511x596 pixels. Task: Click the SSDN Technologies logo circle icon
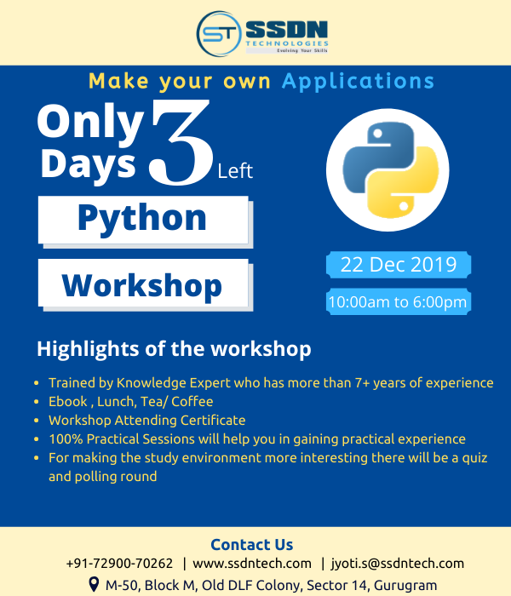click(x=218, y=33)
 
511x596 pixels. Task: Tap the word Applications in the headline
click(x=358, y=82)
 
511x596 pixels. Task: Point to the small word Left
click(x=235, y=170)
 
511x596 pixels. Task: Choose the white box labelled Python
click(x=142, y=218)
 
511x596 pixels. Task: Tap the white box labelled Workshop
click(x=142, y=284)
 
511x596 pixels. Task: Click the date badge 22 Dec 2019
click(x=398, y=264)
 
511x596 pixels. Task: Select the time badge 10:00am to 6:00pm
click(x=398, y=302)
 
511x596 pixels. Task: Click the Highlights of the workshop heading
click(x=174, y=349)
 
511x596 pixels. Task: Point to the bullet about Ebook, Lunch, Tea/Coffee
click(x=131, y=401)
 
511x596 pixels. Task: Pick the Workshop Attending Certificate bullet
click(x=146, y=420)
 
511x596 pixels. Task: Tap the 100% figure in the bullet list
click(x=65, y=439)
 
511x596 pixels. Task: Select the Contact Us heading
click(x=251, y=545)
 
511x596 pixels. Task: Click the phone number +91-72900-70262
click(x=119, y=564)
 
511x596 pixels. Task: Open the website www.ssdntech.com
click(x=252, y=564)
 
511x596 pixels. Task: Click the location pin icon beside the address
click(x=94, y=585)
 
